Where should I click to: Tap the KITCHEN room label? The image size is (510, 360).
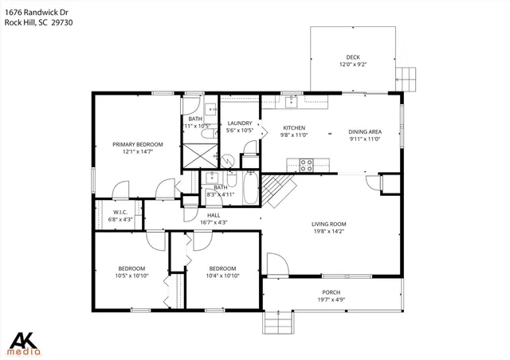[x=296, y=128]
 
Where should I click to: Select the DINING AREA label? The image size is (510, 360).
[x=364, y=131]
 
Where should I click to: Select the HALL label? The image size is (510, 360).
[x=214, y=215]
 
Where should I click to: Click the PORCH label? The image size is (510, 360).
[x=331, y=292]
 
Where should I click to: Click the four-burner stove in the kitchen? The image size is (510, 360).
[x=305, y=165]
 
